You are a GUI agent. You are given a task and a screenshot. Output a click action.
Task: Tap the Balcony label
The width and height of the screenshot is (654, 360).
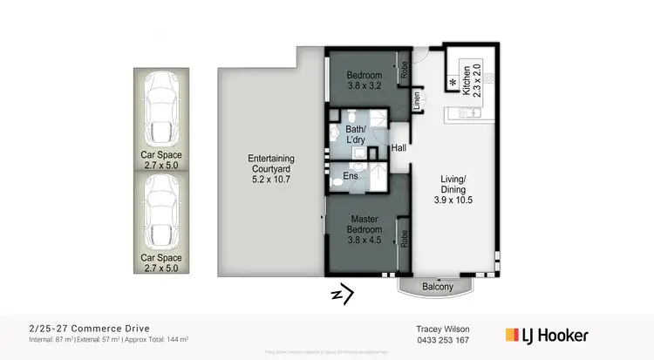tap(439, 287)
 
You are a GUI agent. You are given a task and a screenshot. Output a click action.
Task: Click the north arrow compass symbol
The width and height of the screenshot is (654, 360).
tap(342, 295)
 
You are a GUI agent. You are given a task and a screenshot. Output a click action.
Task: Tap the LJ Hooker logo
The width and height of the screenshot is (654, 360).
tap(548, 335)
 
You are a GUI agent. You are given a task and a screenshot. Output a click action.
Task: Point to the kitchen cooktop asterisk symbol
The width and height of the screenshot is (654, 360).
tap(453, 83)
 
